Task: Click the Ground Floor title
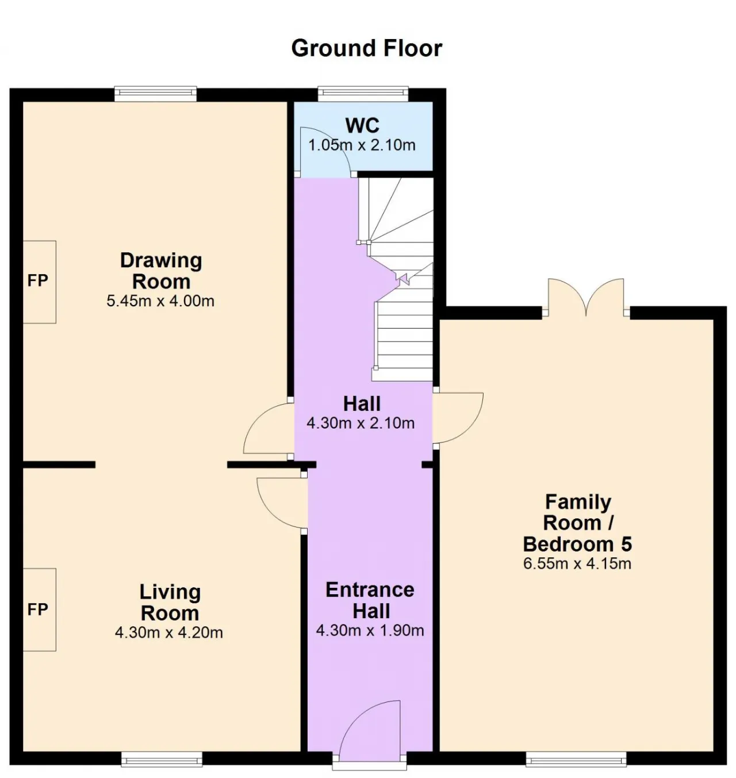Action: click(366, 48)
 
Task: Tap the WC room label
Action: click(362, 125)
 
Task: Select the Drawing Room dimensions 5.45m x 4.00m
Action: click(160, 301)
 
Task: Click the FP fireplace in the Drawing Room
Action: click(39, 282)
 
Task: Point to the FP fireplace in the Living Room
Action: click(39, 610)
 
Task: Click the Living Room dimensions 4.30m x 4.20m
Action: click(168, 633)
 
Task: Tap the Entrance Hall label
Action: click(370, 600)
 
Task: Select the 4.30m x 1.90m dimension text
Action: click(370, 630)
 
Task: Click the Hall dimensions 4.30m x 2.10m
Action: click(361, 423)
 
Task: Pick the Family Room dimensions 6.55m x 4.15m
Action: click(577, 563)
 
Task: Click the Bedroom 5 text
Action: click(577, 544)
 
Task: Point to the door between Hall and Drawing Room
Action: click(268, 429)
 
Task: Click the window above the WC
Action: click(363, 94)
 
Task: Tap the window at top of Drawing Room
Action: click(156, 94)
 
